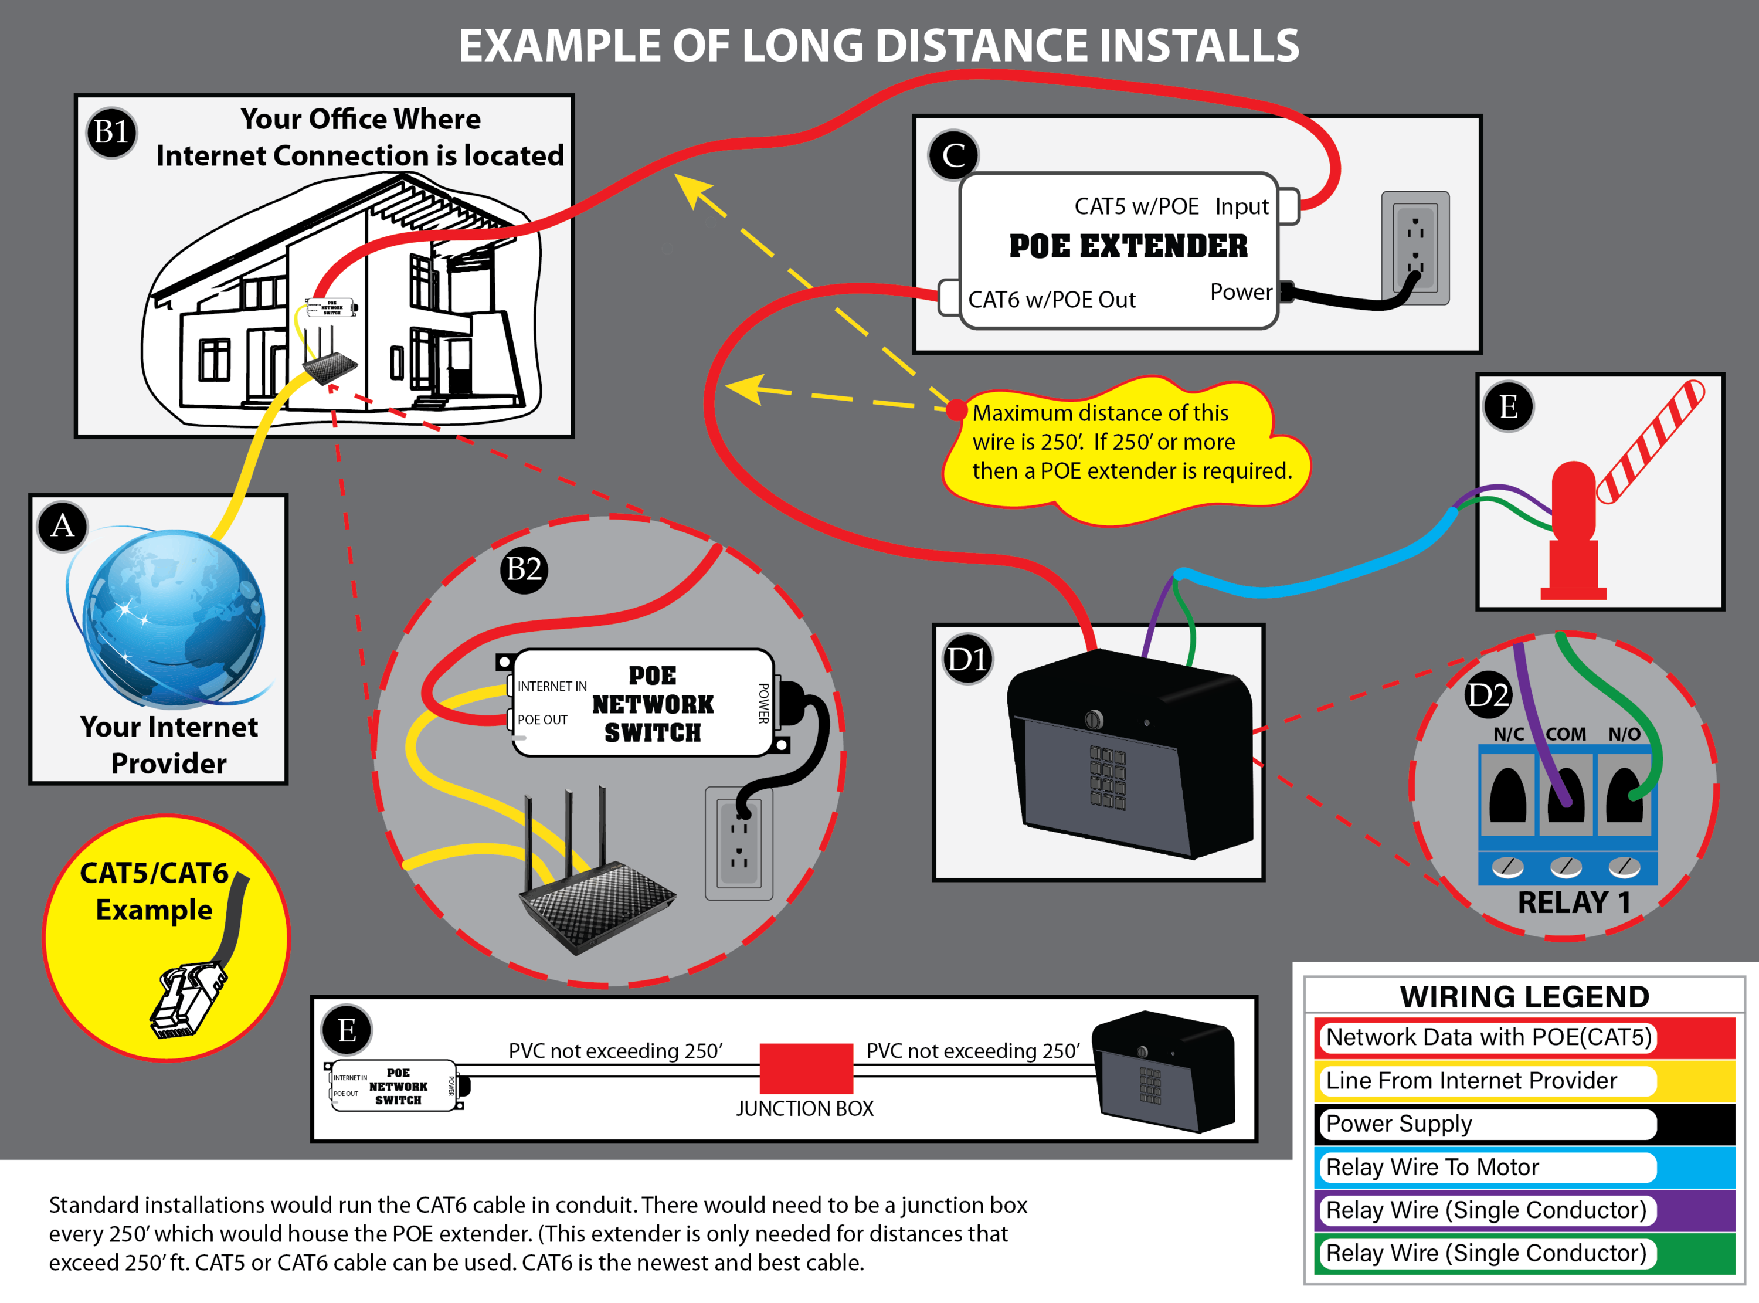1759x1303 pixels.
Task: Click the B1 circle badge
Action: tap(111, 132)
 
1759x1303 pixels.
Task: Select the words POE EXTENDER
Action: tap(1128, 246)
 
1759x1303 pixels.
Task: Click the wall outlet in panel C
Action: tap(1415, 247)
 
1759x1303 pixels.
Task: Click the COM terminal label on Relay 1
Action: tap(1565, 734)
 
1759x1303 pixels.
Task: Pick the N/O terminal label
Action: tap(1624, 734)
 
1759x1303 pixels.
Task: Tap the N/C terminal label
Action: tap(1508, 734)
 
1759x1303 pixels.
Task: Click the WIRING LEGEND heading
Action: tap(1524, 997)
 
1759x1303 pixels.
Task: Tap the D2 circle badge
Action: tap(1487, 695)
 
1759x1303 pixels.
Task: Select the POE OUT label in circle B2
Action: tap(542, 720)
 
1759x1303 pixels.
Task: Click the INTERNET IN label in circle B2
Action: tap(552, 686)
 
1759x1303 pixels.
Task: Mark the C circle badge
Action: tap(953, 155)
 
